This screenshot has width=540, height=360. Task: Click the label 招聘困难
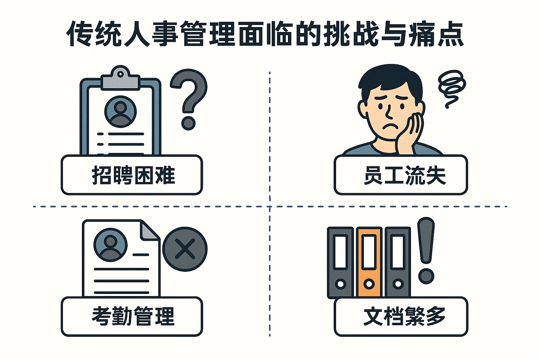133,175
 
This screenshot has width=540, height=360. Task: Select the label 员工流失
404,175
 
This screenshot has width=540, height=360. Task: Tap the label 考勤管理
133,316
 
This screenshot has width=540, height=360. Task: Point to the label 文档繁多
404,316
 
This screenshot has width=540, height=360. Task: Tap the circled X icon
185,249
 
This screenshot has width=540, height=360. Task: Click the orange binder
369,262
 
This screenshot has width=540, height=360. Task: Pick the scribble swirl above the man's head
452,86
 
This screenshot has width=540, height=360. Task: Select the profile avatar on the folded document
110,245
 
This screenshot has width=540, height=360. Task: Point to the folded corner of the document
149,231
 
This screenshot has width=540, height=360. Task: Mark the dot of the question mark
188,123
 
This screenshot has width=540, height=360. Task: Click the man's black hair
390,77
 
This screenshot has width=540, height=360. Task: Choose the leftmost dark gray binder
340,262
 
